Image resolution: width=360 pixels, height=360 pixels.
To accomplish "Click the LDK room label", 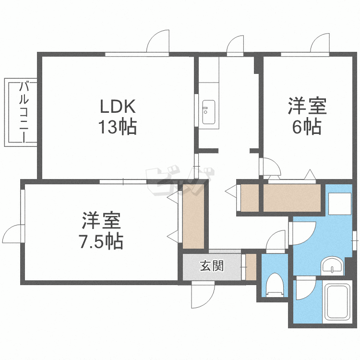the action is (x=118, y=106).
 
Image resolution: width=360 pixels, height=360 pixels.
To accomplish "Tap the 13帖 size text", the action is (x=118, y=126).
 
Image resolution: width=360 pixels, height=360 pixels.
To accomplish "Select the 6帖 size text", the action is (x=307, y=126).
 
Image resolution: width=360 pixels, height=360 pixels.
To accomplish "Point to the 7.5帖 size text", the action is (x=101, y=241).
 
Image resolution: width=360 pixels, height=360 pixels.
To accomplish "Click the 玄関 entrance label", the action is (x=212, y=266).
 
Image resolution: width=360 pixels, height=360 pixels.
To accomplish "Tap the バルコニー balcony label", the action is (x=24, y=112).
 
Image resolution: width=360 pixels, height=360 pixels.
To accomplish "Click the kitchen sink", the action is (x=208, y=112).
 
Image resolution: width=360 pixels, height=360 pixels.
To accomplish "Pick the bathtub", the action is (x=337, y=302).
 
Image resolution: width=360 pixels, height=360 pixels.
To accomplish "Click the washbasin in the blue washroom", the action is (x=332, y=266).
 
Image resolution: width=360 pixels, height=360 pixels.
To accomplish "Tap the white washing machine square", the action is (x=339, y=204).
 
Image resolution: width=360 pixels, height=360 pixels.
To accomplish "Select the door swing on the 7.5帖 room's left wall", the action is (x=12, y=234).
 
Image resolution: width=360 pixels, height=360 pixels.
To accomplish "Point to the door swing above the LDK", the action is (x=158, y=41).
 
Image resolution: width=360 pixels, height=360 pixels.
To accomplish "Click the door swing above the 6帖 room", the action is (x=320, y=43).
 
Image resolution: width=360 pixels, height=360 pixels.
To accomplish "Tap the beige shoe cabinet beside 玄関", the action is (x=251, y=267).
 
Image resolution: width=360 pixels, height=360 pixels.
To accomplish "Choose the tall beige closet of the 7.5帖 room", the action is (x=193, y=216).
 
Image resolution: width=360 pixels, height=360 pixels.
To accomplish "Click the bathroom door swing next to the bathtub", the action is (x=306, y=288).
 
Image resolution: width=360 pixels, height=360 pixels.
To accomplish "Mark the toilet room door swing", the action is (x=276, y=241).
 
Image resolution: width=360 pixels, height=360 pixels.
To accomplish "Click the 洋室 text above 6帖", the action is (x=307, y=106).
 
